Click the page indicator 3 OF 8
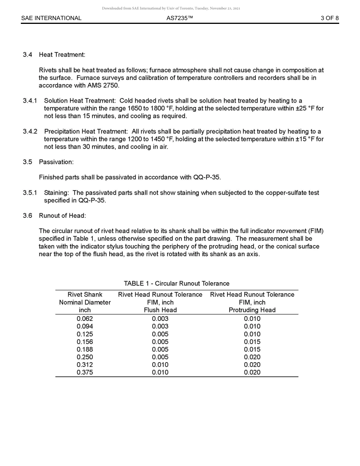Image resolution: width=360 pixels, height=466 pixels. click(329, 18)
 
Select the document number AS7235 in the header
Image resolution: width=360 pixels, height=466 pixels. click(180, 18)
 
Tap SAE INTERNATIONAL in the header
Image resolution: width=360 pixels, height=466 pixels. click(51, 18)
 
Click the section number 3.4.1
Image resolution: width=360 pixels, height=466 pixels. click(30, 101)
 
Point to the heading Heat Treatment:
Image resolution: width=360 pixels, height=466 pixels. click(62, 55)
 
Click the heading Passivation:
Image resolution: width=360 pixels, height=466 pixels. click(56, 162)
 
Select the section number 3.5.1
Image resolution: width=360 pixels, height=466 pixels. click(30, 193)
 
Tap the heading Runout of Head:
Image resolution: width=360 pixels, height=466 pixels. click(63, 216)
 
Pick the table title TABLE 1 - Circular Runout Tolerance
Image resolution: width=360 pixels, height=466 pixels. click(177, 284)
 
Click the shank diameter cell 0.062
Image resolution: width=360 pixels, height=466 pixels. click(85, 319)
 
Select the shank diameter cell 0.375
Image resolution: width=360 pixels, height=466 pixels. click(85, 372)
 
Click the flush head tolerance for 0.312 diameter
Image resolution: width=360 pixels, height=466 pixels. click(160, 365)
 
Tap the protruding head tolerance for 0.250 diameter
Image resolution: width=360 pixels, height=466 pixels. click(252, 357)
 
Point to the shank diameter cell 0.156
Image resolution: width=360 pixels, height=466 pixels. click(85, 342)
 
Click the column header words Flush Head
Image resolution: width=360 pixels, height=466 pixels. click(160, 310)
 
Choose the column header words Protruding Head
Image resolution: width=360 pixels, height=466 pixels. click(252, 310)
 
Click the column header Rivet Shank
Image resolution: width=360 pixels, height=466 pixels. click(85, 295)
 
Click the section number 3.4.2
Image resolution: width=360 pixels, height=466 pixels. click(30, 132)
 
